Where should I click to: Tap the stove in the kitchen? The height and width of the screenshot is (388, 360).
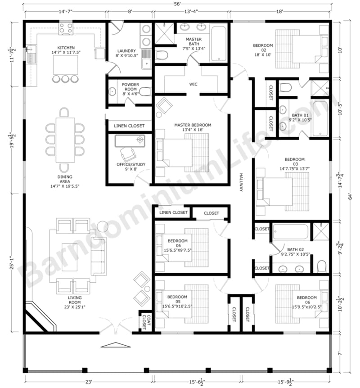tap(66, 29)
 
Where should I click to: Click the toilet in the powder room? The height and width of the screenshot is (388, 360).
tap(144, 92)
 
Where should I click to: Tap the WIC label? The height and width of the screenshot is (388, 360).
tap(193, 84)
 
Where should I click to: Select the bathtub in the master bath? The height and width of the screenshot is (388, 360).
tap(219, 43)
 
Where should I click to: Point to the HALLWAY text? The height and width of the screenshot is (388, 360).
tap(241, 183)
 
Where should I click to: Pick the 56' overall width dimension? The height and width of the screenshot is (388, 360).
tap(178, 5)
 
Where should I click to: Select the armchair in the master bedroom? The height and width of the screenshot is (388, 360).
tap(164, 106)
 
